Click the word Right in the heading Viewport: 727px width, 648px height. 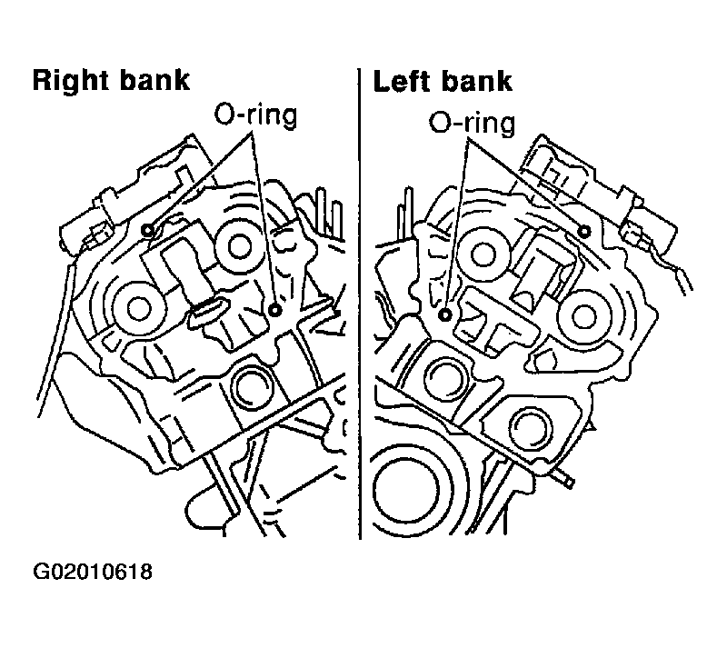(x=71, y=81)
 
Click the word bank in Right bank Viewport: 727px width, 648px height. (x=154, y=80)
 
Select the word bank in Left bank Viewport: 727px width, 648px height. (x=477, y=81)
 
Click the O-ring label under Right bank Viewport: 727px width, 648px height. (x=255, y=115)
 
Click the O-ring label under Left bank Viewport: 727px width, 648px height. (x=472, y=123)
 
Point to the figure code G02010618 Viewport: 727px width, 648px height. (x=93, y=572)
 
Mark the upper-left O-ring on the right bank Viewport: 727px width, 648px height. (x=148, y=229)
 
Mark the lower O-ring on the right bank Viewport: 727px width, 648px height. (x=276, y=310)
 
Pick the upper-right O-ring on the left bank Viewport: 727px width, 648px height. (x=585, y=231)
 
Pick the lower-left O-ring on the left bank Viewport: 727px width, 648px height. (x=445, y=315)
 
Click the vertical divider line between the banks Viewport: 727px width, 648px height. (x=360, y=304)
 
